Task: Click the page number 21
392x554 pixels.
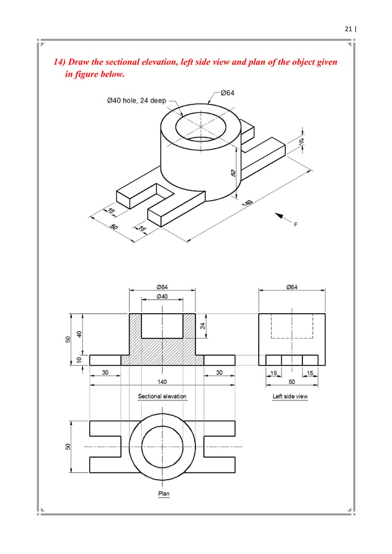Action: pyautogui.click(x=348, y=28)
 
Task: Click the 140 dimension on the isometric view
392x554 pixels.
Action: pyautogui.click(x=248, y=203)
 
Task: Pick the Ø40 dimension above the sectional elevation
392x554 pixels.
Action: pyautogui.click(x=163, y=296)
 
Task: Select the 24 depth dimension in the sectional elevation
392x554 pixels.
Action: pyautogui.click(x=202, y=326)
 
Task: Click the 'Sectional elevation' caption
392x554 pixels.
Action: pyautogui.click(x=162, y=396)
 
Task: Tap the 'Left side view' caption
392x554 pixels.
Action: pyautogui.click(x=290, y=396)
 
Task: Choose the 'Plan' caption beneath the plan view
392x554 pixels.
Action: pyautogui.click(x=163, y=493)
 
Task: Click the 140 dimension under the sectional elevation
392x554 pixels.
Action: pyautogui.click(x=162, y=381)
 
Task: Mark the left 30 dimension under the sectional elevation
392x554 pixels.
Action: pyautogui.click(x=106, y=372)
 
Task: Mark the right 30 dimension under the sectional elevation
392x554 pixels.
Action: pyautogui.click(x=219, y=372)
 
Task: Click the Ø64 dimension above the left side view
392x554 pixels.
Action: pyautogui.click(x=292, y=286)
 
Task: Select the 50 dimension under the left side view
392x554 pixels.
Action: pyautogui.click(x=292, y=381)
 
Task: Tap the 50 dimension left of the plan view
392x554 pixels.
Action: pyautogui.click(x=69, y=447)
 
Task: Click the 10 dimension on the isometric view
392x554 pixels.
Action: pyautogui.click(x=301, y=141)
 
